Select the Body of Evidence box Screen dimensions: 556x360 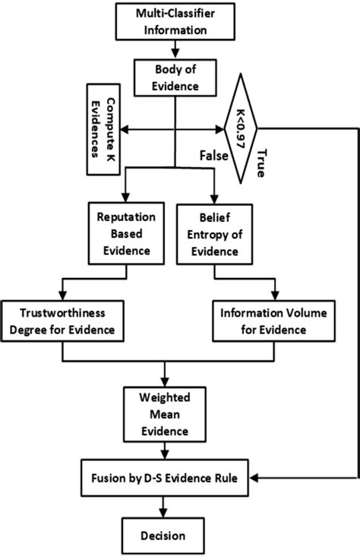click(x=175, y=78)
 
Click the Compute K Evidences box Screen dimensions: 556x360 click(x=103, y=131)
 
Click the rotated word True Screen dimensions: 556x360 click(x=261, y=161)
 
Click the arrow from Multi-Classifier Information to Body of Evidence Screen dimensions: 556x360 click(x=175, y=49)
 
